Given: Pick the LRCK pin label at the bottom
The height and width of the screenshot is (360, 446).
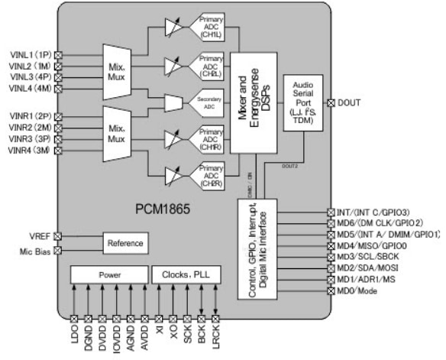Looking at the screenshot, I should click(215, 336).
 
